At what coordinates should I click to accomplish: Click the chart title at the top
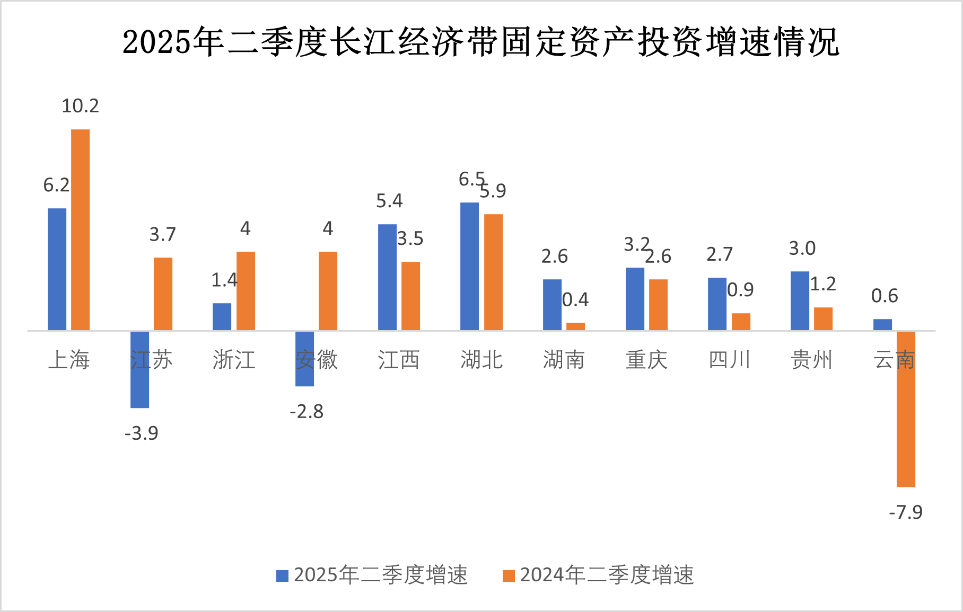[x=480, y=41]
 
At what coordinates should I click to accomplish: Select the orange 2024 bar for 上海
[x=80, y=229]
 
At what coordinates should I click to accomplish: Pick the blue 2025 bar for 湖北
[x=469, y=266]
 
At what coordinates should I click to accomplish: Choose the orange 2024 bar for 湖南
[x=575, y=326]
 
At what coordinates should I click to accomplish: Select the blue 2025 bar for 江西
[x=387, y=277]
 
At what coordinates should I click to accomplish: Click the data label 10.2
[x=80, y=106]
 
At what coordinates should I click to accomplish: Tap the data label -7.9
[x=906, y=512]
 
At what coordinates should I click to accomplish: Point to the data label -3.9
[x=142, y=433]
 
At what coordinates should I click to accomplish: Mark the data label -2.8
[x=307, y=412]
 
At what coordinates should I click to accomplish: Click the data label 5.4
[x=389, y=201]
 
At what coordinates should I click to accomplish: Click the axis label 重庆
[x=646, y=360]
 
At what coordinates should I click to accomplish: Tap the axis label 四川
[x=729, y=360]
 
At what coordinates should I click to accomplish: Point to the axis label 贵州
[x=811, y=360]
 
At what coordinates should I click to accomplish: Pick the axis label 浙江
[x=234, y=360]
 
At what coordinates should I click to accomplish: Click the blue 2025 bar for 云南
[x=882, y=325]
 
